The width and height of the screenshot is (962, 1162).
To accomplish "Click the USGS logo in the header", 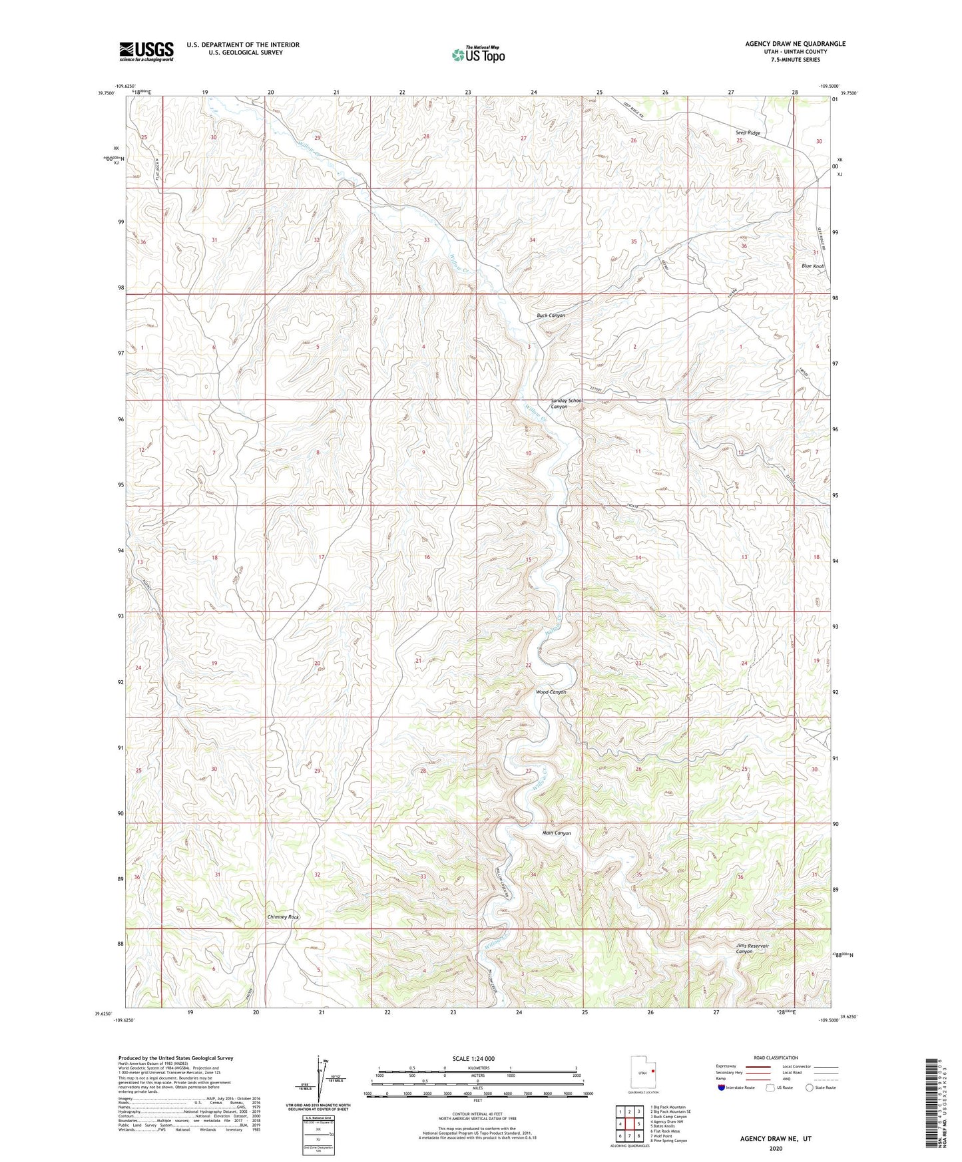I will [146, 51].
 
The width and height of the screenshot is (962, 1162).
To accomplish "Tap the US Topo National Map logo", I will [477, 55].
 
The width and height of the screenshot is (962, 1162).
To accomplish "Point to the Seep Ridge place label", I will [748, 133].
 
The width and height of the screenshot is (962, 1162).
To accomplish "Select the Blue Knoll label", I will [812, 266].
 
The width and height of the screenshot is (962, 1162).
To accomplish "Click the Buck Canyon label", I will [551, 315].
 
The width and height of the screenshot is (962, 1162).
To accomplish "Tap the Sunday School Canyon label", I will [566, 403].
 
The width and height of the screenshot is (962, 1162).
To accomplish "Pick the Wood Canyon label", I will [551, 692].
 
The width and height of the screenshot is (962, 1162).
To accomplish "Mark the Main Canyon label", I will [557, 833].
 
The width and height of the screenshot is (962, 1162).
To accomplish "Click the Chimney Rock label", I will [283, 917].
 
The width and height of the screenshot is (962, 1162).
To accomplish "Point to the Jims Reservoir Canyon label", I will [752, 948].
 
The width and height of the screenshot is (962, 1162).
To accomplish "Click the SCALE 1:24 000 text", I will [473, 1058].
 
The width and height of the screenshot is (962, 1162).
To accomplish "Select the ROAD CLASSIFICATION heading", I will [776, 1058].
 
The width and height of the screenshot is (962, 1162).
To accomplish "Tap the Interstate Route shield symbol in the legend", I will [722, 1087].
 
